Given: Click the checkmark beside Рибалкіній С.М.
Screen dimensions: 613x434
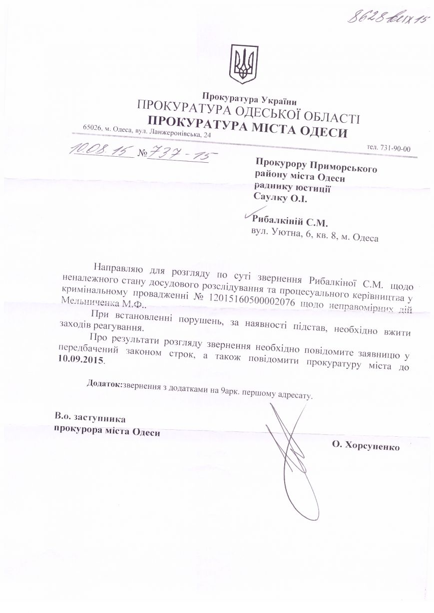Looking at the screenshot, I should point(248,215).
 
